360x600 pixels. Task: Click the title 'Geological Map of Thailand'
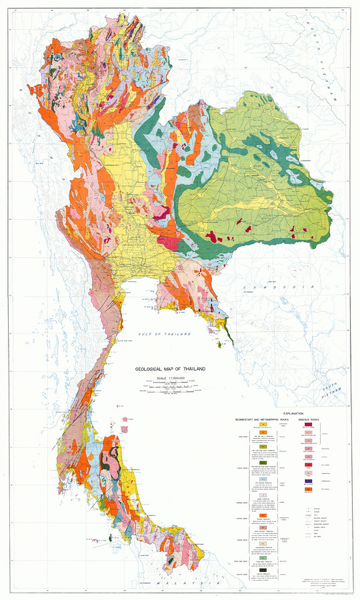[x=170, y=369]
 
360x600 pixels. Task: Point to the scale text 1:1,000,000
[x=170, y=379]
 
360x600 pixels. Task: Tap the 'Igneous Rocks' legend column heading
[x=309, y=420]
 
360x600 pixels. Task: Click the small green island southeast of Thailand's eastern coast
[x=220, y=345]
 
